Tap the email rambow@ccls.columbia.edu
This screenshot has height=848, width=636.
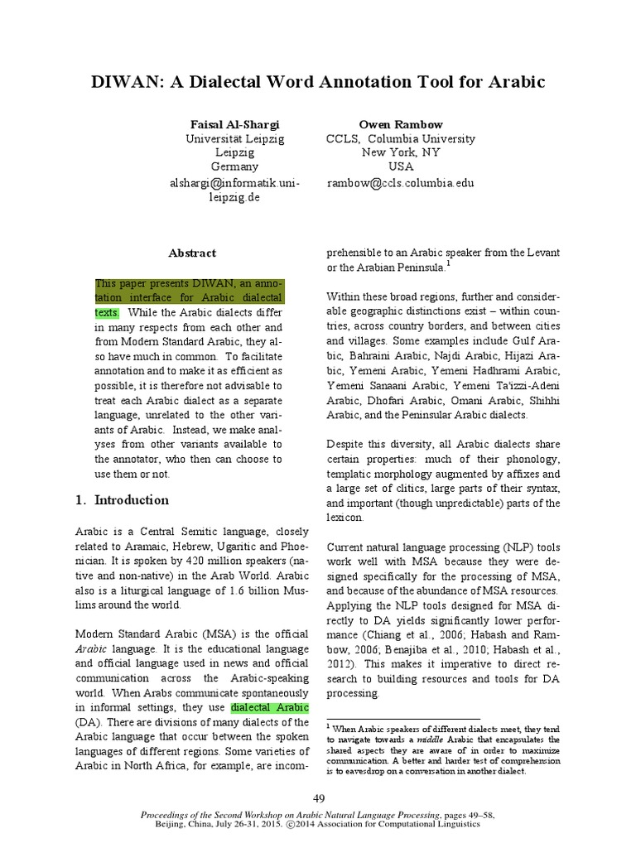pos(400,183)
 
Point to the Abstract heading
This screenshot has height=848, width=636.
pos(192,253)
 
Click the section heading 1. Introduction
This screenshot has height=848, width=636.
pos(122,500)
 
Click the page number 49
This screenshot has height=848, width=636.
pos(319,797)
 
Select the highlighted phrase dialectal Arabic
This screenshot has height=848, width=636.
pos(270,708)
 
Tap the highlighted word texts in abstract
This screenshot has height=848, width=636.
pos(107,313)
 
